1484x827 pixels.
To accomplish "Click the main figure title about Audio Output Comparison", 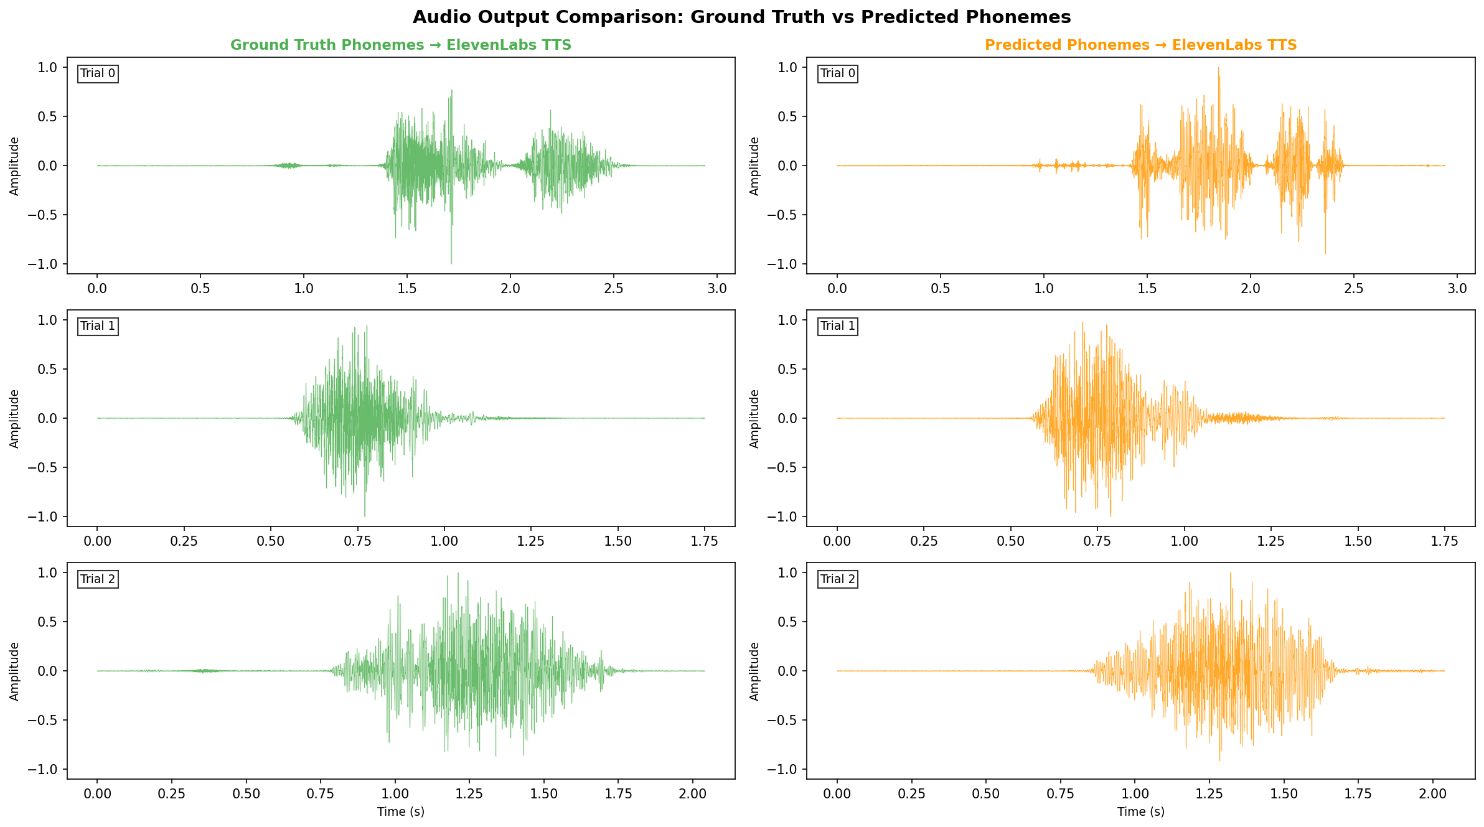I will click(x=741, y=17).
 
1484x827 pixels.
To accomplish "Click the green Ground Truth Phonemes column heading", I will click(x=400, y=45).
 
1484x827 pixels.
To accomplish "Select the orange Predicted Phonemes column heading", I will click(x=1140, y=45).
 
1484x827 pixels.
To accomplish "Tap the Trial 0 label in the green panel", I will click(x=98, y=73).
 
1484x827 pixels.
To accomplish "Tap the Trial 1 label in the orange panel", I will click(x=838, y=326).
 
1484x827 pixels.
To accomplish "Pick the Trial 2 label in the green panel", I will click(x=98, y=579).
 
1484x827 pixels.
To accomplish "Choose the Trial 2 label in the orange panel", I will click(x=838, y=579).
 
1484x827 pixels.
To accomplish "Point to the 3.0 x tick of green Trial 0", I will click(x=717, y=289).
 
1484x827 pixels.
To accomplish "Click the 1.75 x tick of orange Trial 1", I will click(x=1444, y=541).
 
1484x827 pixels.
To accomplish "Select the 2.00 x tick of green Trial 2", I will click(x=692, y=794).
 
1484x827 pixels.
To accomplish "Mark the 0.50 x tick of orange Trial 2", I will click(x=986, y=794).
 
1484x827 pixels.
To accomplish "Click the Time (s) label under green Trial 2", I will click(x=400, y=812).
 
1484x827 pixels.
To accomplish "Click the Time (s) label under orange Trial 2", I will click(x=1140, y=812).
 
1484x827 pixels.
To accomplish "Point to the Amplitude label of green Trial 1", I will click(x=15, y=418).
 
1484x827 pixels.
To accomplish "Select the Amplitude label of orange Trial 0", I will click(x=755, y=166).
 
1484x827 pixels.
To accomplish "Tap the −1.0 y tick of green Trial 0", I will click(x=42, y=264).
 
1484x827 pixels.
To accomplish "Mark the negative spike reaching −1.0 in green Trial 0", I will click(x=451, y=261).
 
